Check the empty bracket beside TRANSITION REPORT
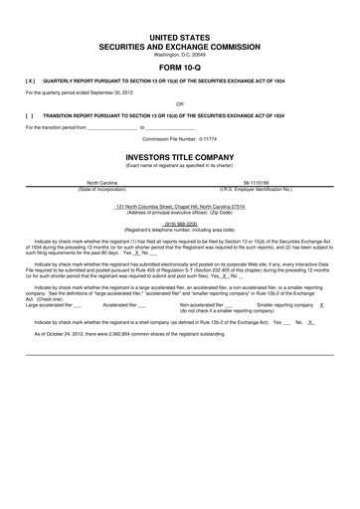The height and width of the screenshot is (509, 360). point(31,114)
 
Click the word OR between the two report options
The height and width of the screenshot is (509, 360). point(180,102)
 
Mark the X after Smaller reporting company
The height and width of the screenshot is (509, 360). point(336,305)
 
